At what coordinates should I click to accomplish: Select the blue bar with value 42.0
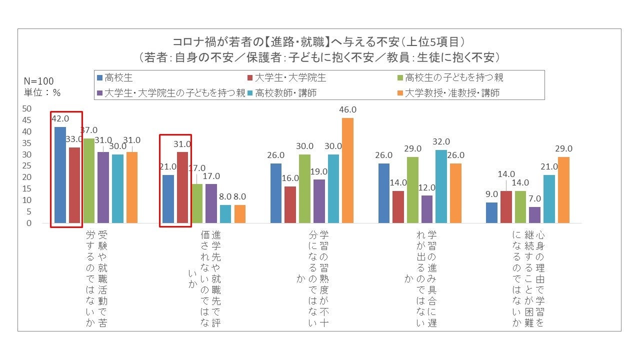60,174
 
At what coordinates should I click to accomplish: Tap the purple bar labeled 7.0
534,214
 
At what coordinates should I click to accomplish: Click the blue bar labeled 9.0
491,212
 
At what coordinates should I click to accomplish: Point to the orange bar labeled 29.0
563,189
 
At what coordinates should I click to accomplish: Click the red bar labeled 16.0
290,204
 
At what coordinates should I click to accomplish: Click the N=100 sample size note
39,81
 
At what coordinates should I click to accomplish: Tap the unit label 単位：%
42,92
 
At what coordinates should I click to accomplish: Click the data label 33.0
75,139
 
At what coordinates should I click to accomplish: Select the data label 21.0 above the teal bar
549,166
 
